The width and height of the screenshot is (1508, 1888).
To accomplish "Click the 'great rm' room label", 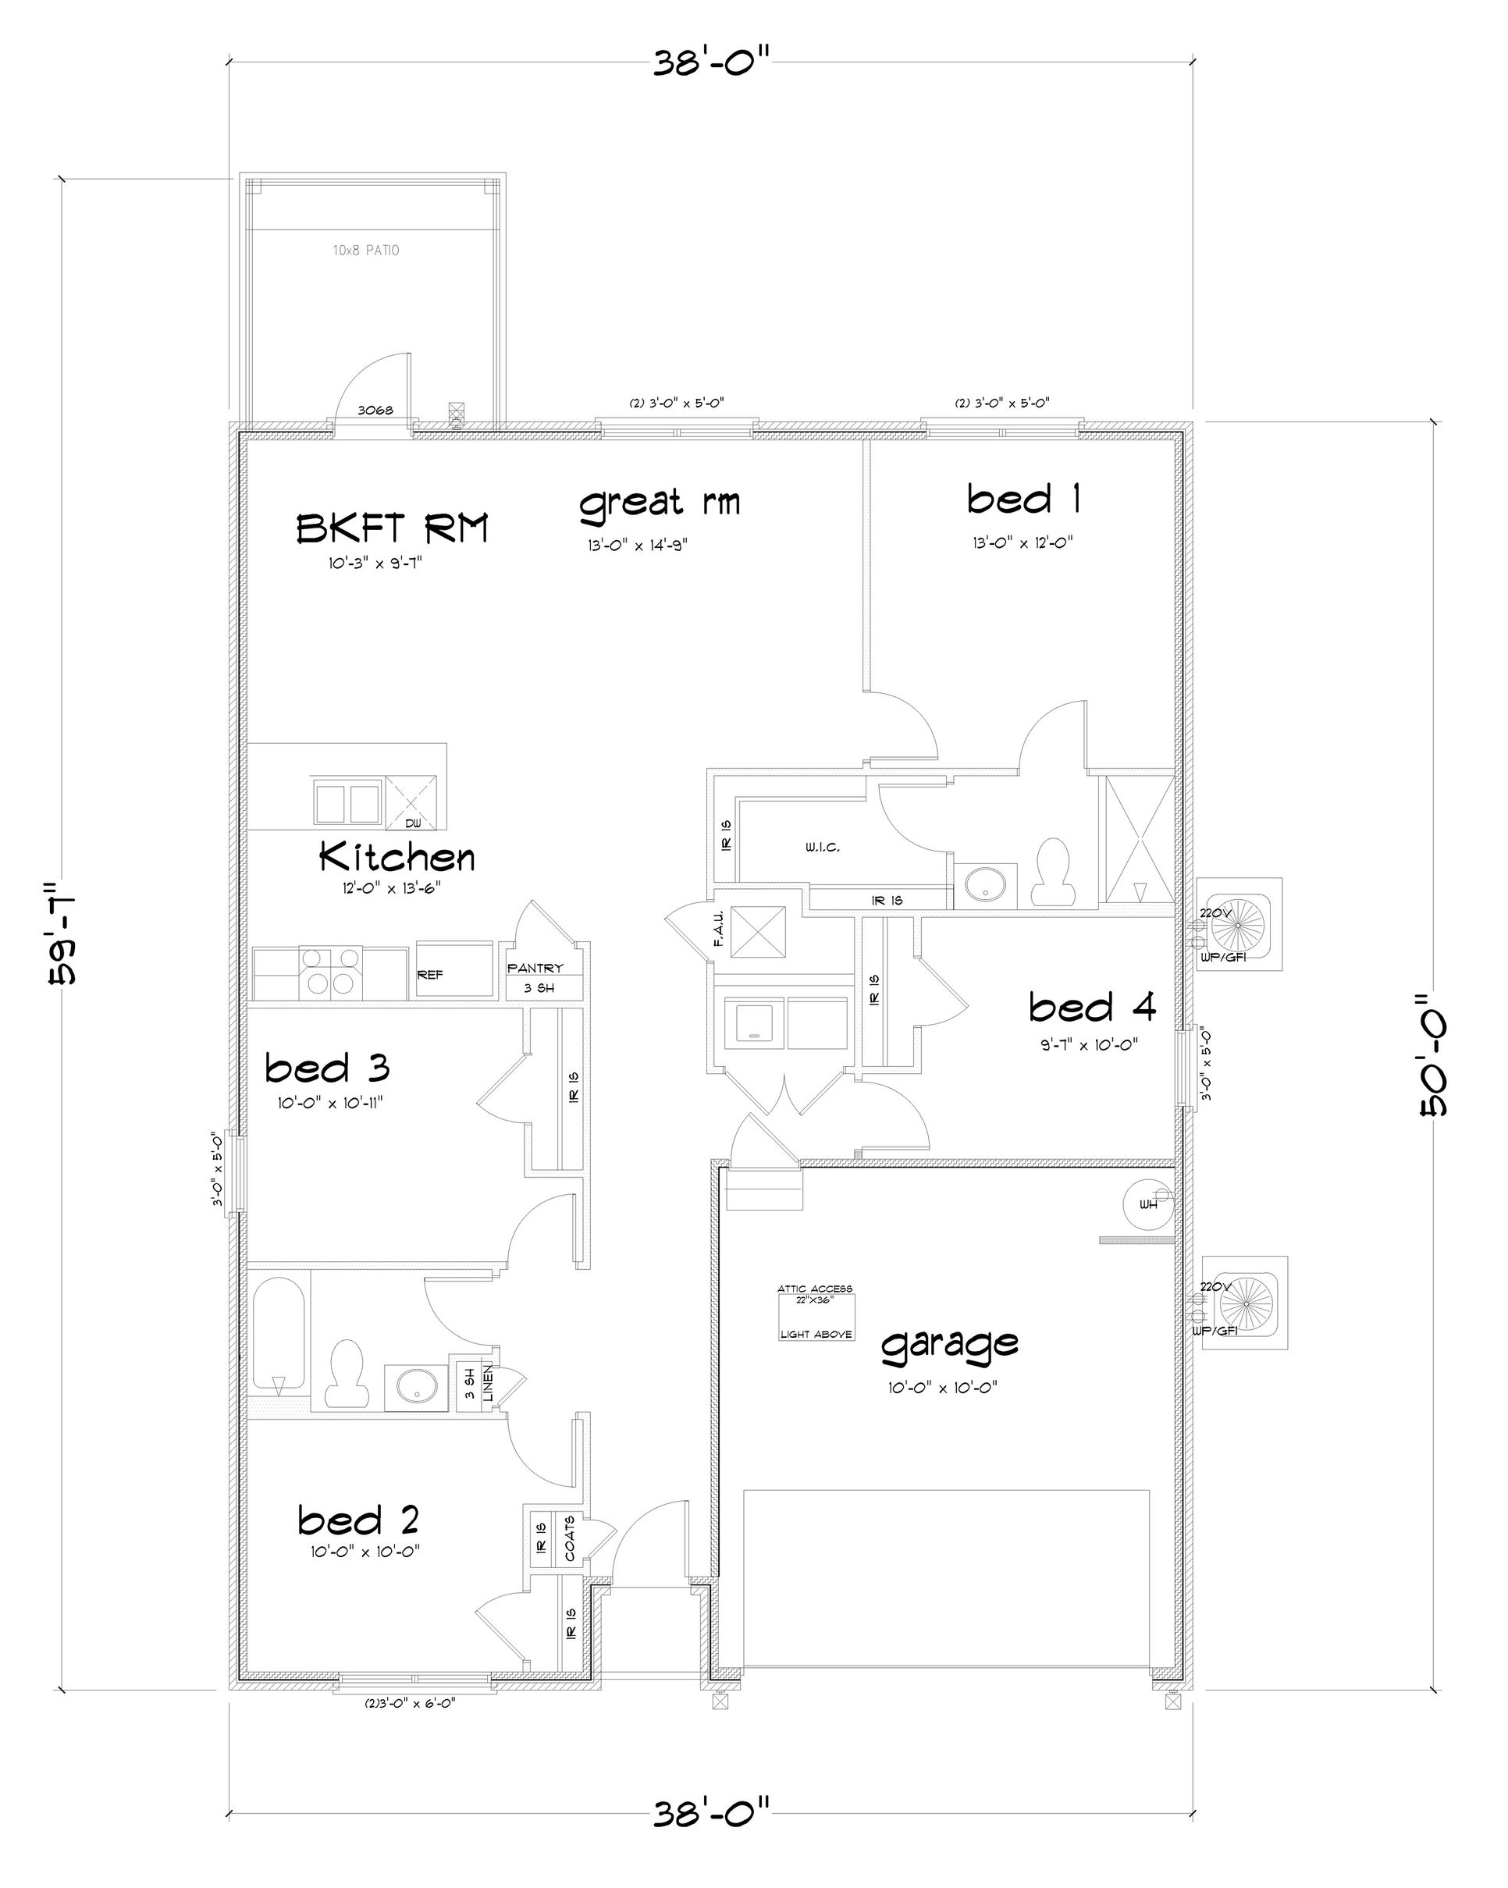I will coord(660,503).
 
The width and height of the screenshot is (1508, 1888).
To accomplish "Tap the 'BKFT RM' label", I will coord(392,528).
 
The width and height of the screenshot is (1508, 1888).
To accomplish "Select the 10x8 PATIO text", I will coord(366,251).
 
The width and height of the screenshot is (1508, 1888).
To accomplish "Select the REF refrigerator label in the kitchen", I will coord(429,975).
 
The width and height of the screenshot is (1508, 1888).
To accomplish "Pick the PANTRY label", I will coord(535,969).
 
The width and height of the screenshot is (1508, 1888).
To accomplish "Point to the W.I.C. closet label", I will coord(823,848).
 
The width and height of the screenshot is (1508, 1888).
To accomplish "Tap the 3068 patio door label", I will coord(375,410).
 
